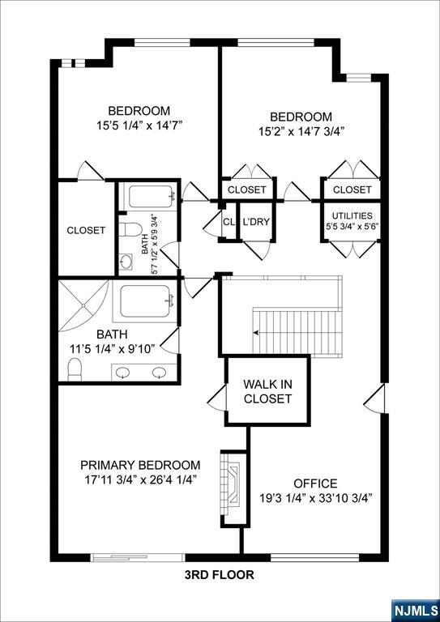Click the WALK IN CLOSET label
click(267, 391)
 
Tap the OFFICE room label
click(315, 484)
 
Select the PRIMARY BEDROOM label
click(140, 465)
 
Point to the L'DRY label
click(256, 222)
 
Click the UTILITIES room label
click(352, 215)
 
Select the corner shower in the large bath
click(83, 305)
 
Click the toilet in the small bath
click(130, 229)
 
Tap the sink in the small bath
click(126, 262)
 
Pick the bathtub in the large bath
click(145, 300)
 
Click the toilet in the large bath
click(75, 369)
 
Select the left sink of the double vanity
click(124, 372)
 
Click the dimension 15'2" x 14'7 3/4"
click(299, 131)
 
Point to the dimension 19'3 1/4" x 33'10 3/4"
click(315, 498)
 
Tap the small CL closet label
click(229, 222)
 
